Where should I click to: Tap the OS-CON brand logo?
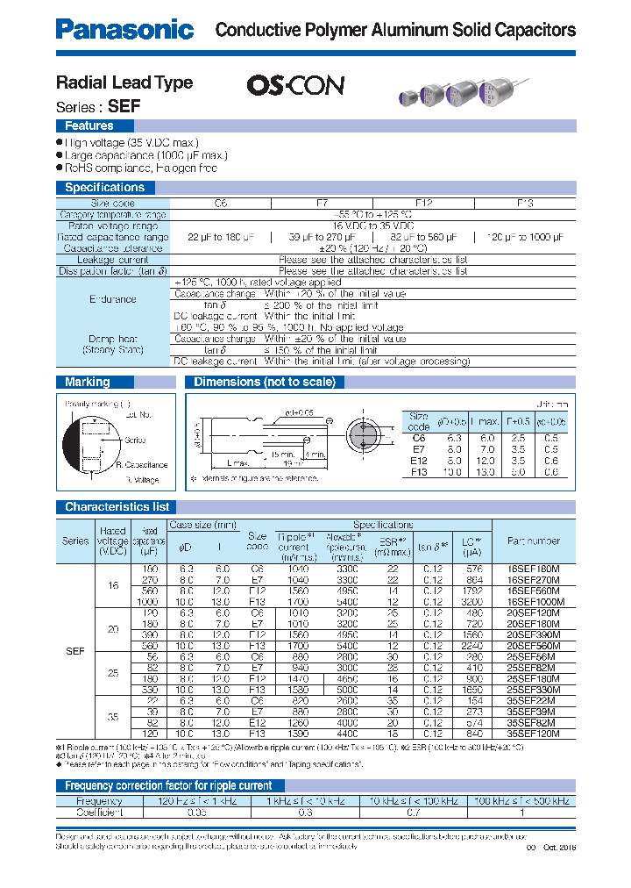[x=295, y=85]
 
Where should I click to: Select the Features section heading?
[x=89, y=126]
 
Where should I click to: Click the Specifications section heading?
[x=104, y=187]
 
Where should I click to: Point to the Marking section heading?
[x=88, y=382]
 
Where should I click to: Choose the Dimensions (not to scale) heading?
[x=264, y=382]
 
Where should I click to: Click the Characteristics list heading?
[x=117, y=506]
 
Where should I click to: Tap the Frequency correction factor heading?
[x=169, y=785]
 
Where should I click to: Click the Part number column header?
[x=533, y=541]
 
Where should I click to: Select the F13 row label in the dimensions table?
[x=419, y=472]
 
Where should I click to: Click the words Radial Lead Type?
[x=124, y=82]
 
